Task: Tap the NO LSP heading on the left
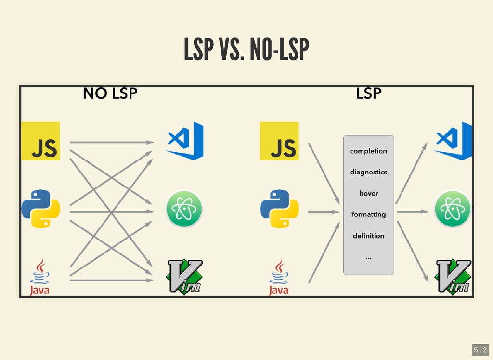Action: (110, 93)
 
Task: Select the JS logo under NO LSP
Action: (40, 141)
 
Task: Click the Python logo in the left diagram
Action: (40, 209)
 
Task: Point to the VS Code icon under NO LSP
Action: (184, 141)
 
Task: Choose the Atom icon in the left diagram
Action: (184, 209)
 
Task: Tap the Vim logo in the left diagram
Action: (184, 277)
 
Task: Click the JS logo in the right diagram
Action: (279, 141)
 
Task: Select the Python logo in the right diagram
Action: (279, 209)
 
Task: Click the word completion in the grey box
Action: (368, 151)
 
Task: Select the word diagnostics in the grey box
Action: (368, 172)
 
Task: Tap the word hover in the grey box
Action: (368, 193)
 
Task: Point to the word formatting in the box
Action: (368, 214)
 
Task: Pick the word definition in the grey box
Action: (368, 236)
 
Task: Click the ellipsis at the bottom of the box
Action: (368, 258)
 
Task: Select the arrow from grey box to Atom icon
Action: (412, 211)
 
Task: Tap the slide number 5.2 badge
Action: (480, 349)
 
